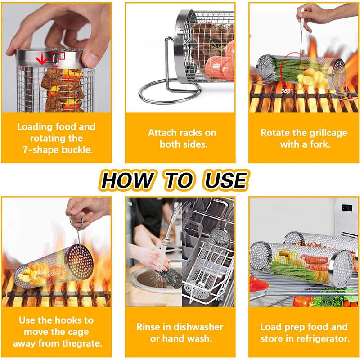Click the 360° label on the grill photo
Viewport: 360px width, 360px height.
tap(287, 90)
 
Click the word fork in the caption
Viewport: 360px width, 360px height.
tap(319, 144)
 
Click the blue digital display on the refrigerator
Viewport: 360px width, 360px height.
tap(347, 208)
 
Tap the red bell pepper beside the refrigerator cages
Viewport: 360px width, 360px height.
tap(260, 284)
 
